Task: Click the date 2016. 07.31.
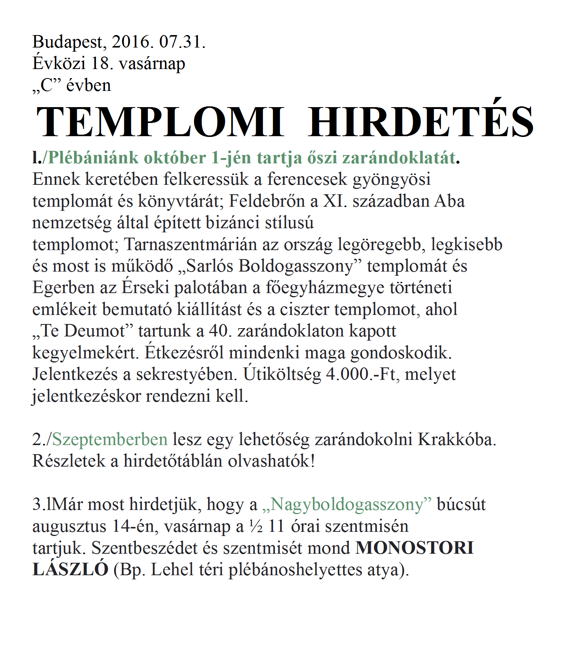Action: (159, 41)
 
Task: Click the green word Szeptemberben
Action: (110, 439)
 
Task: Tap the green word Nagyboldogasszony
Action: (347, 505)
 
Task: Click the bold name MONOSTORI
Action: (414, 548)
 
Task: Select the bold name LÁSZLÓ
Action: (70, 569)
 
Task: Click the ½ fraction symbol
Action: (256, 527)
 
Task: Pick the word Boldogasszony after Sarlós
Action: (296, 266)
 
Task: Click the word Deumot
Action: (94, 331)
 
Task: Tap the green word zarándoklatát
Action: (399, 158)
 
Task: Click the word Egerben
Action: (63, 288)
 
